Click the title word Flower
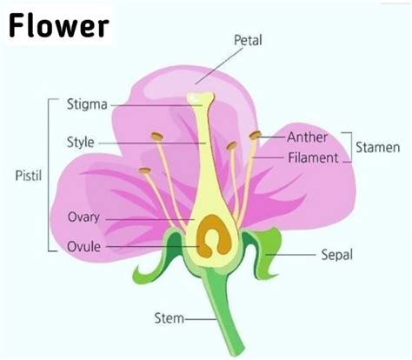pos(59,26)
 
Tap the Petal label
pos(248,40)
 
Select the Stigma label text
pos(87,104)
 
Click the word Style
pos(81,142)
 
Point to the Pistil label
pos(29,176)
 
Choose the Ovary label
pos(83,217)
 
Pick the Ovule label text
pos(84,247)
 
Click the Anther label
pos(308,137)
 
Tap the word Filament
pos(313,157)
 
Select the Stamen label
pos(378,147)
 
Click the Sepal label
pos(337,255)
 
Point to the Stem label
pos(169,318)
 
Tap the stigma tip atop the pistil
pos(201,97)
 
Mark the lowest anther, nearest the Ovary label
pos(144,170)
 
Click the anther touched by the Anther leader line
pos(255,135)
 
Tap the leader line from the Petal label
pos(219,66)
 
